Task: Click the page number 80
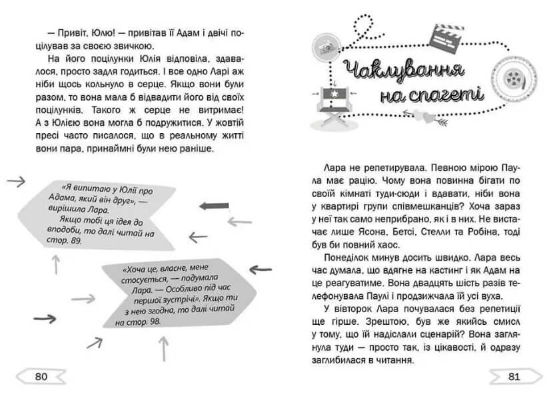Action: click(x=41, y=377)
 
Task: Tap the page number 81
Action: click(x=514, y=377)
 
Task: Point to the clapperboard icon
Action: click(x=446, y=38)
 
